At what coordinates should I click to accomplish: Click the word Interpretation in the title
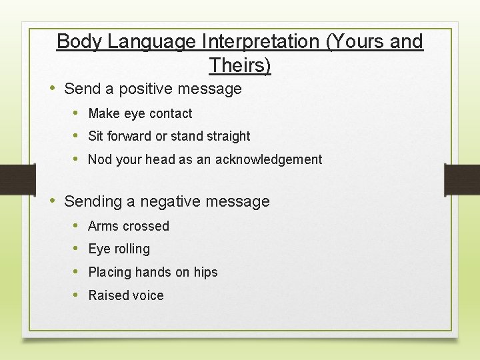[x=257, y=41]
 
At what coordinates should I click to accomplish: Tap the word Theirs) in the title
[x=240, y=65]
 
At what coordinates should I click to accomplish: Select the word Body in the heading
[x=79, y=41]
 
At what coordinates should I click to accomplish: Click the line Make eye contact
[x=140, y=114]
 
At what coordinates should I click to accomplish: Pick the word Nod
[x=100, y=159]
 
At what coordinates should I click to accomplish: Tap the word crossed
[x=148, y=227]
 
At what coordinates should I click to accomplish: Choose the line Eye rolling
[x=119, y=249]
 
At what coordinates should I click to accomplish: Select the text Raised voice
[x=125, y=295]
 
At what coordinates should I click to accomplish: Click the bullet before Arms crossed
[x=77, y=226]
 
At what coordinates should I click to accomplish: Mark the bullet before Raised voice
[x=77, y=295]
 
